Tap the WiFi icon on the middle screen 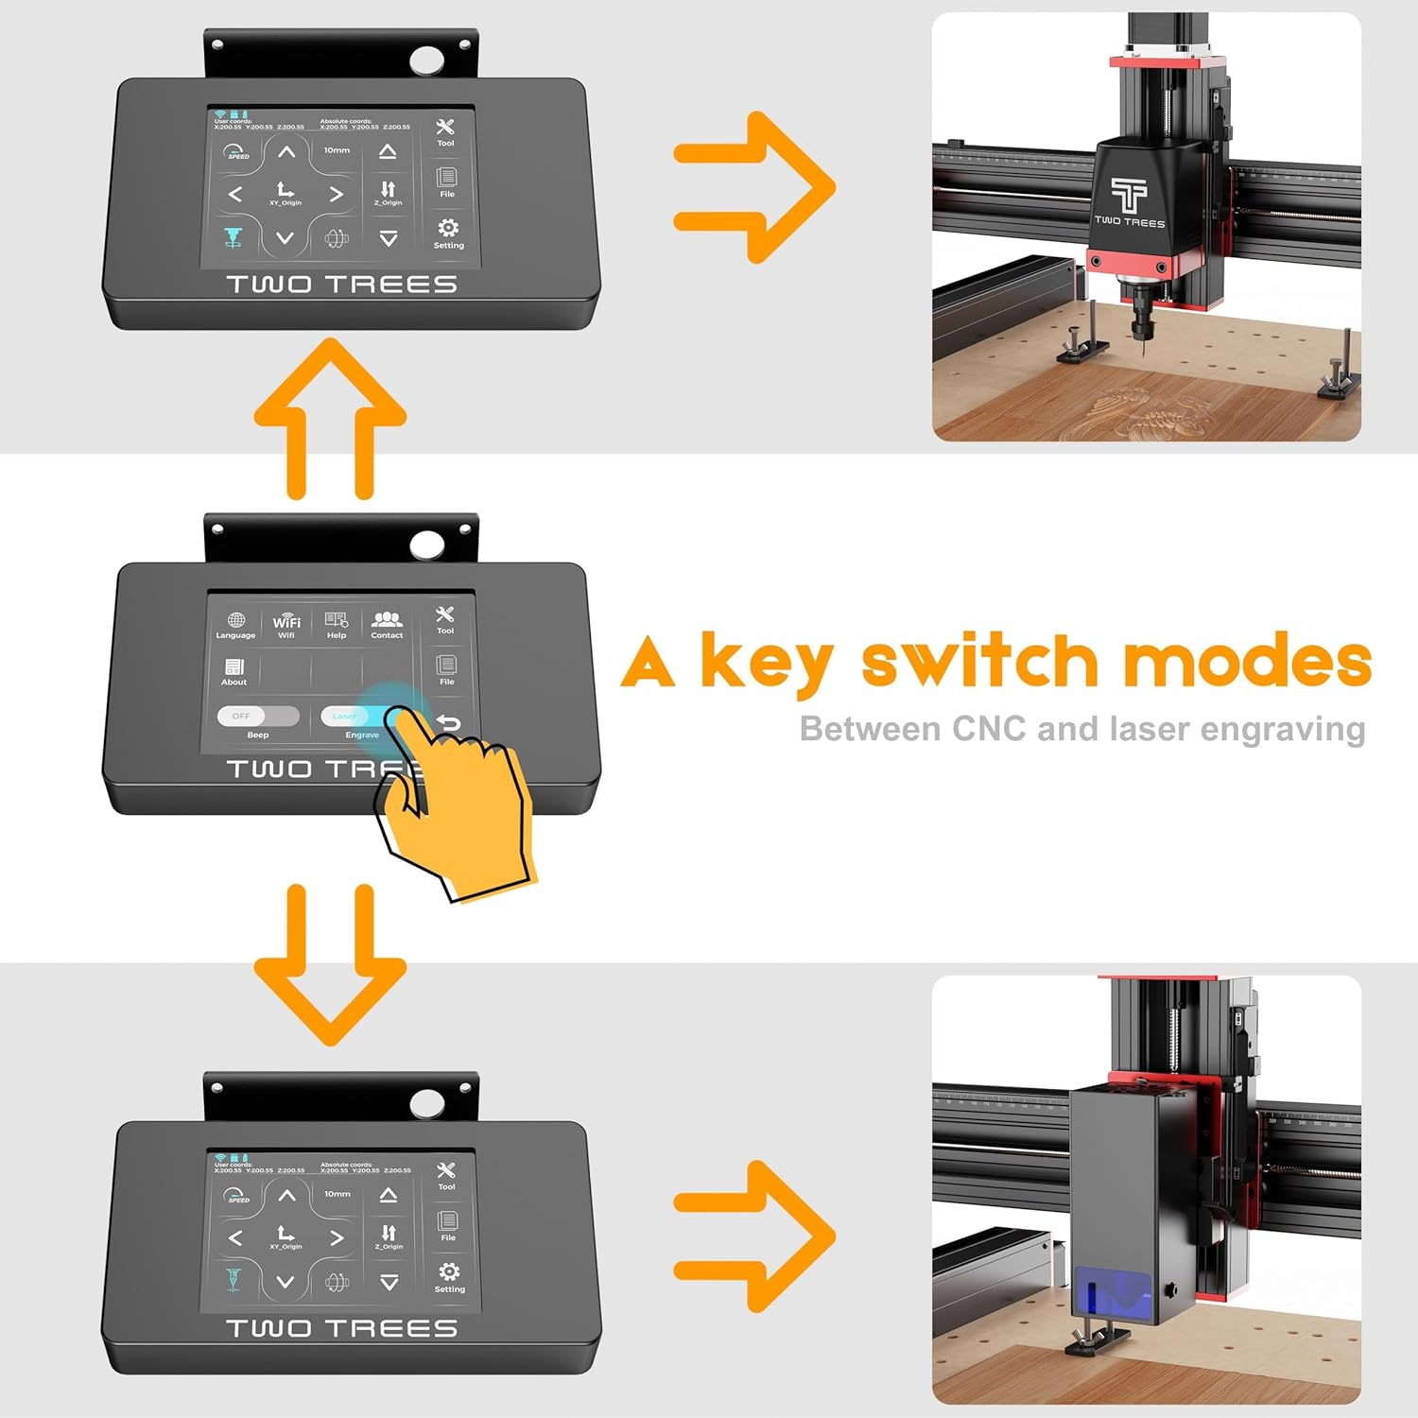286,623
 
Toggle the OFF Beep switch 257,717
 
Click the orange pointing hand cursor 463,804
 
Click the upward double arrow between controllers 330,416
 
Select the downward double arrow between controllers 330,964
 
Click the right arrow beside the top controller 753,187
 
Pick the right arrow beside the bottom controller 753,1236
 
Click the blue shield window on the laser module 1113,1291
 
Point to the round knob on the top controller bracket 426,61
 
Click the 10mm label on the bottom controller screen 337,1194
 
